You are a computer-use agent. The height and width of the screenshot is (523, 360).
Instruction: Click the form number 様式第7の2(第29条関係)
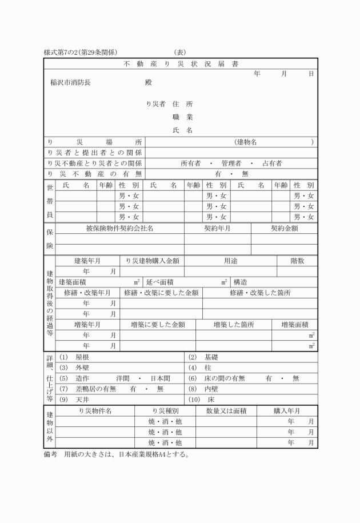point(81,53)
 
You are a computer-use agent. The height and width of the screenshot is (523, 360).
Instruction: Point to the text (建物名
point(246,141)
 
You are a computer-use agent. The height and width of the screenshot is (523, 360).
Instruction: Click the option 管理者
point(231,163)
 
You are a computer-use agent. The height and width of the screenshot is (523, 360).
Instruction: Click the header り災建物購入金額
point(152,260)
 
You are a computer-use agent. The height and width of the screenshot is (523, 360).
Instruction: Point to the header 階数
point(297,260)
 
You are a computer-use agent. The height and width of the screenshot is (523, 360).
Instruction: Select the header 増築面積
point(295,324)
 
